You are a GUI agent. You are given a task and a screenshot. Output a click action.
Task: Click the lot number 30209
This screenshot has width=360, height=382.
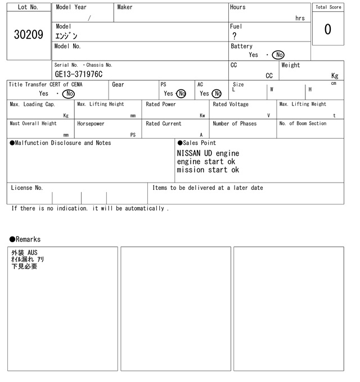[x=28, y=35]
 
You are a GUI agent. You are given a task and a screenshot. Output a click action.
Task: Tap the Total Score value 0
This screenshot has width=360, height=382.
[x=327, y=29]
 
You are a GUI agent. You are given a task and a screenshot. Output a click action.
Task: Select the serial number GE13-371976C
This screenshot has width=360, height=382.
[x=79, y=74]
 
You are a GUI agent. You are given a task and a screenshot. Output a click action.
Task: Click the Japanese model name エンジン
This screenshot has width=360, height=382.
[x=66, y=36]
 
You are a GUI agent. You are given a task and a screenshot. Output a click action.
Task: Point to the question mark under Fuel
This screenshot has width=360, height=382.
[x=234, y=36]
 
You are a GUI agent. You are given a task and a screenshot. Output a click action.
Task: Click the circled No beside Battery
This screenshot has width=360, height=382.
[x=278, y=55]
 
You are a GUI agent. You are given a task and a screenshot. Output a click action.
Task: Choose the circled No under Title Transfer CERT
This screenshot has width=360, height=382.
[x=69, y=94]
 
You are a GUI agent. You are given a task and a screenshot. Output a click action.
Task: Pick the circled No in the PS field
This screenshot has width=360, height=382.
[x=181, y=94]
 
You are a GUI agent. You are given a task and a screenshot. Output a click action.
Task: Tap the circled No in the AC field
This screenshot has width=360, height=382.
[x=217, y=94]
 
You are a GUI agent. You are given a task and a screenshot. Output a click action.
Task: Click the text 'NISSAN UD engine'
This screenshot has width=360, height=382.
[x=208, y=153]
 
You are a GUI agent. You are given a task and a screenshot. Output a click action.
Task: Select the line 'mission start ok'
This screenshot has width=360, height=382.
[x=208, y=170]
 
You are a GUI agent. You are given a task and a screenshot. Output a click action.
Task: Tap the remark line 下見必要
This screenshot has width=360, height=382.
[x=24, y=266]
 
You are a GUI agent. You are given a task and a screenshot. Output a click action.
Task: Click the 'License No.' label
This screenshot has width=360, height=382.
[x=26, y=188]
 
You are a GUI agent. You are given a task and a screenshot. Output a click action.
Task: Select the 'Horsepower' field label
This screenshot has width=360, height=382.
[x=91, y=124]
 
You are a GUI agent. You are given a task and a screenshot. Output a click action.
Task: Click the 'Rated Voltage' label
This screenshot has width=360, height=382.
[x=231, y=104]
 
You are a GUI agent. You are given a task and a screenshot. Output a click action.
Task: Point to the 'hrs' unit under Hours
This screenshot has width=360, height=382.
[x=300, y=18]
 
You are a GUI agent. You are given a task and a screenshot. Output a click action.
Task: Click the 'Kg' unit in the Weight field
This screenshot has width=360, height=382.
[x=335, y=75]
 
